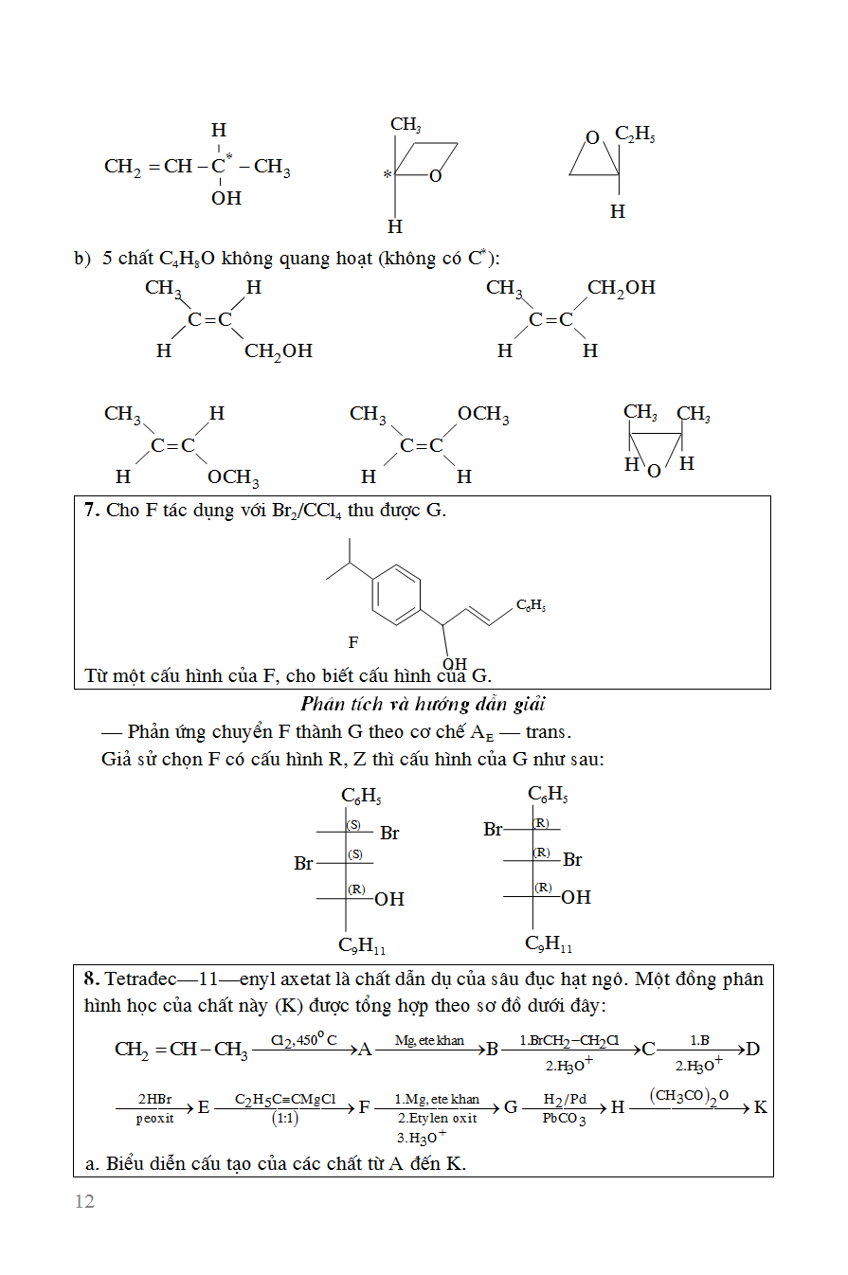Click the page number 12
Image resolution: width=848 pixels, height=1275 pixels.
tap(84, 1201)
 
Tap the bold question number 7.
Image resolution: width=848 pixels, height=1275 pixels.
tap(91, 510)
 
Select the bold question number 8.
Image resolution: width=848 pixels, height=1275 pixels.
tap(91, 979)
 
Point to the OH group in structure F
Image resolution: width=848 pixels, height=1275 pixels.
tap(455, 664)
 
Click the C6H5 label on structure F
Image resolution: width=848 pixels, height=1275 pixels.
tap(531, 605)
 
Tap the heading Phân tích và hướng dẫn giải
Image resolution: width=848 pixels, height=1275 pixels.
tap(423, 704)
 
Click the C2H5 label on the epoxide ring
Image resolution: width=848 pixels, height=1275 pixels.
tap(635, 135)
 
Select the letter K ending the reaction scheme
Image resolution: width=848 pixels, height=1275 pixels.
tap(760, 1107)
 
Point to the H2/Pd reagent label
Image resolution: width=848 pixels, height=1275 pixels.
tap(565, 1099)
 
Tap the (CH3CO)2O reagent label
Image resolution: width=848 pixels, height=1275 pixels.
tap(689, 1096)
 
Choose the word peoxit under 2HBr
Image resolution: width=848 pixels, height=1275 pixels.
tap(154, 1119)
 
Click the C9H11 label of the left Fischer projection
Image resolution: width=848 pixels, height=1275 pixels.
tap(362, 945)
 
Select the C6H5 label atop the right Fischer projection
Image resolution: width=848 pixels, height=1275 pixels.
tap(548, 795)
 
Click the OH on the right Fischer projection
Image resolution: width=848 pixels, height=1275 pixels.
tap(576, 896)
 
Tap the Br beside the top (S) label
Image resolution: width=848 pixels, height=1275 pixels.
tap(389, 834)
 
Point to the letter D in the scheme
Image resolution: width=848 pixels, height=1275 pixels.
tap(753, 1049)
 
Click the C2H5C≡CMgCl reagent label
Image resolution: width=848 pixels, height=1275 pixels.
tap(285, 1100)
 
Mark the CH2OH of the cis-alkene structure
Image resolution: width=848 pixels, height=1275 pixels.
tap(621, 287)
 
